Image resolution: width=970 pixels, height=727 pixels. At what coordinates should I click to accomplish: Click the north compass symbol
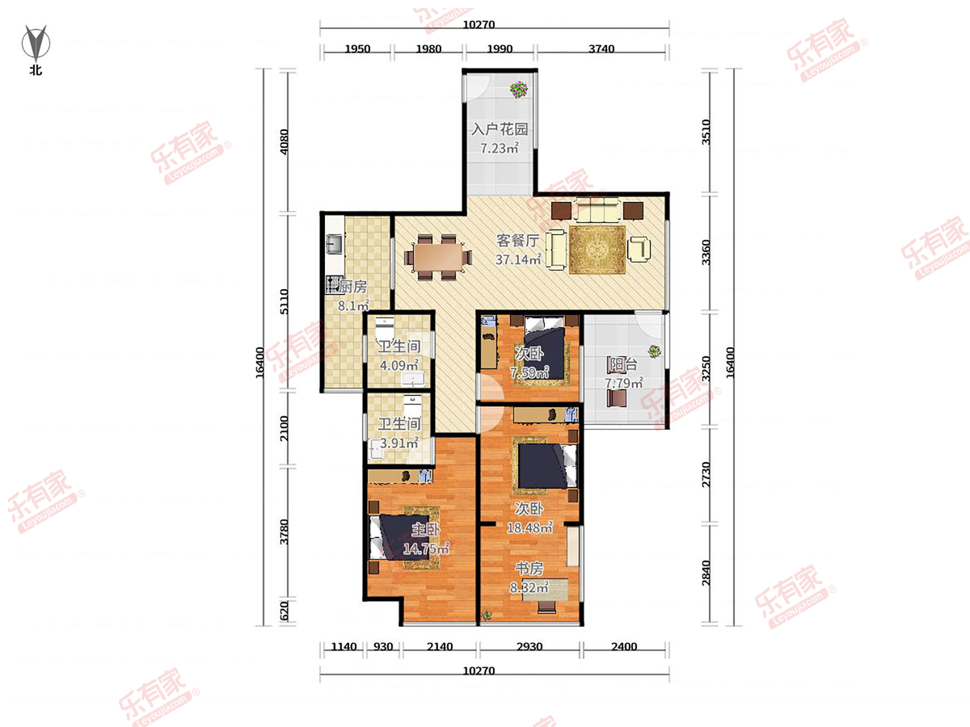coord(36,43)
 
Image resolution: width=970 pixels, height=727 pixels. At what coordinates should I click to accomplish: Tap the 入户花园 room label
coord(500,129)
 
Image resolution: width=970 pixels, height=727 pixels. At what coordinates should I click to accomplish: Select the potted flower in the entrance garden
coord(519,90)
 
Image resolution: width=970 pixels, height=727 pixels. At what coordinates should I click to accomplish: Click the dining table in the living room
coord(438,257)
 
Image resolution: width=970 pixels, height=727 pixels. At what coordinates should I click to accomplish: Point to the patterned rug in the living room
coord(597,250)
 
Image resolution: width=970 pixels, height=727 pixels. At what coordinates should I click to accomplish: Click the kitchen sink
coord(335,244)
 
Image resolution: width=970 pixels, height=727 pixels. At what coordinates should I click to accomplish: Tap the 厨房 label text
coord(353,287)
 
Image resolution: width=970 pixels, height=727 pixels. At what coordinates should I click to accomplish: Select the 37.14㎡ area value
coord(518,259)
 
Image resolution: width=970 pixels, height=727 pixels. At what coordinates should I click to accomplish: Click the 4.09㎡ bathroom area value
coord(399,365)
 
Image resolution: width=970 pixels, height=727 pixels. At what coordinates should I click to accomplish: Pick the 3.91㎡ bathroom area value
coord(399,443)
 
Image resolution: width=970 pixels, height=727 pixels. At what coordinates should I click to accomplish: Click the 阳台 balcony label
coord(623,364)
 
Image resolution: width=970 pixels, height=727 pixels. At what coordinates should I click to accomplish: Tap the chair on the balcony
coord(617,398)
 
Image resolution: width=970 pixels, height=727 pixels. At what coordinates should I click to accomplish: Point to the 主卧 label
coord(425,529)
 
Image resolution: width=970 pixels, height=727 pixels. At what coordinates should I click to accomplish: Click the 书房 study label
coord(529,568)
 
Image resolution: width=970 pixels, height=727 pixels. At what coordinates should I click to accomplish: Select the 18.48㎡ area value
coord(529,528)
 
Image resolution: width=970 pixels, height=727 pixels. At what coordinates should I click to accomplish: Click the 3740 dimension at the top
coord(601,49)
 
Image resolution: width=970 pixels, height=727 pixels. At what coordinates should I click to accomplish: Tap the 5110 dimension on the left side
coord(285,302)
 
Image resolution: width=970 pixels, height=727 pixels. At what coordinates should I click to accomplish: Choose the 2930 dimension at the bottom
coord(529,647)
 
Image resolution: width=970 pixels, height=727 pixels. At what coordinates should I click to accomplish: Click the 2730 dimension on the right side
coord(706,474)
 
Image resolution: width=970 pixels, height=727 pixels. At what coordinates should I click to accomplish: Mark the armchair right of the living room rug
coord(639,250)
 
